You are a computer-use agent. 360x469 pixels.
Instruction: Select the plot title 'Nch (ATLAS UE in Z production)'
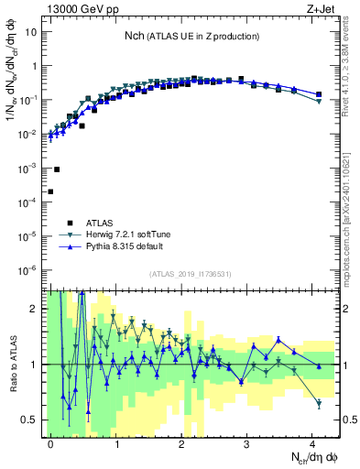192,36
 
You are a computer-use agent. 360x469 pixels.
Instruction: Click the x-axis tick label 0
50,442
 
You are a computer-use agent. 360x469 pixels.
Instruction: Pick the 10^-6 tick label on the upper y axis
29,270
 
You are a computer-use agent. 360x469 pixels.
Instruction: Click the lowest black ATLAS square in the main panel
50,191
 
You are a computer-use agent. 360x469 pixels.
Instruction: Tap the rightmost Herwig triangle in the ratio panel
318,403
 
